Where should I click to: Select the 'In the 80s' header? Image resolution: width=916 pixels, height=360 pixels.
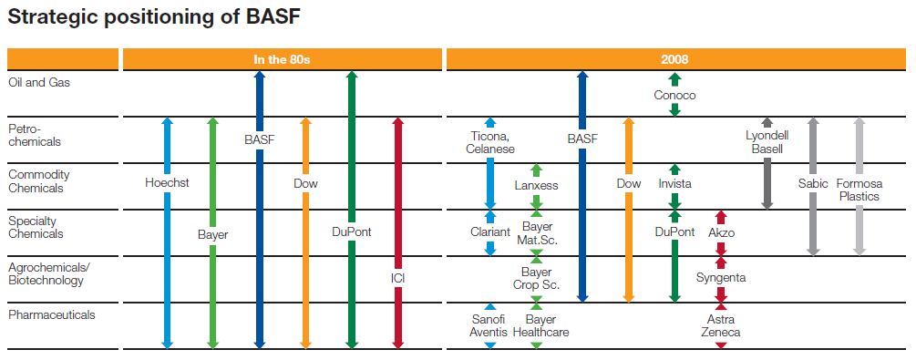click(x=282, y=60)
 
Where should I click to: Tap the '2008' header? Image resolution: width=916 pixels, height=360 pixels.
click(x=674, y=60)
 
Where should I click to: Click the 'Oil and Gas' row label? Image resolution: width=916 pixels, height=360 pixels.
click(x=38, y=82)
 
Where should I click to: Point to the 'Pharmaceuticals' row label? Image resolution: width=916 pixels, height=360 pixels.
click(x=51, y=315)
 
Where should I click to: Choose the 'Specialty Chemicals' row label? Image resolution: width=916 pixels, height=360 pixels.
click(x=36, y=227)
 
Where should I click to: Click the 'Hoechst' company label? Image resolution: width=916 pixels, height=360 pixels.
click(x=167, y=183)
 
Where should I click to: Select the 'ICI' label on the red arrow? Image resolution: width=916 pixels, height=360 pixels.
click(x=397, y=277)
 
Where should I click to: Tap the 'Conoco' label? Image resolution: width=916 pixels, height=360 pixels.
click(x=674, y=95)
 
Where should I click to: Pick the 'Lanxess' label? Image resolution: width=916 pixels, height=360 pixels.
click(x=536, y=185)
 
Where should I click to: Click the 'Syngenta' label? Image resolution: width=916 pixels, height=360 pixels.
click(x=721, y=277)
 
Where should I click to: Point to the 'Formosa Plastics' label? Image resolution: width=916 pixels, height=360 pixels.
click(x=859, y=190)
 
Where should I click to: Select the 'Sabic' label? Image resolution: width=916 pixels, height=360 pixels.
click(x=813, y=183)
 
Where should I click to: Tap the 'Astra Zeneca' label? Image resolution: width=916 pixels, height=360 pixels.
click(x=721, y=326)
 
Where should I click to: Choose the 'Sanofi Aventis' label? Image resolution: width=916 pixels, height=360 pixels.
click(x=489, y=326)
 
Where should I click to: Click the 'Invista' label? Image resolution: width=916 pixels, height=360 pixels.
click(x=674, y=183)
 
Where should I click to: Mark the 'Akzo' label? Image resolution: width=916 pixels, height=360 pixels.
click(x=721, y=232)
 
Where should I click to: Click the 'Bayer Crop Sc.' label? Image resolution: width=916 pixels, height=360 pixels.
click(x=536, y=279)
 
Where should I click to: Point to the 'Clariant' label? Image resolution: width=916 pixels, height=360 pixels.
click(x=489, y=232)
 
